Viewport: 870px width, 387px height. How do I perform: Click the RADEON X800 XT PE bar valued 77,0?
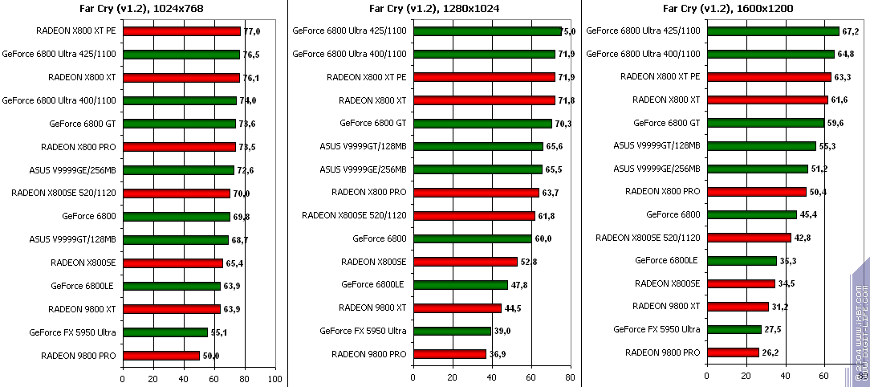pyautogui.click(x=181, y=31)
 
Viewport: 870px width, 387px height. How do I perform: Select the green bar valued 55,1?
pyautogui.click(x=165, y=332)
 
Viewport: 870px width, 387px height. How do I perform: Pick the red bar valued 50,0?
pyautogui.click(x=161, y=355)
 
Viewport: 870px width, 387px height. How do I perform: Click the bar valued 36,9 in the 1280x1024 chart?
pyautogui.click(x=449, y=354)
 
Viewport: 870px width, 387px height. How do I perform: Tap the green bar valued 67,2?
pyautogui.click(x=772, y=31)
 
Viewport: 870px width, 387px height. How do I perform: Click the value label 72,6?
pyautogui.click(x=246, y=170)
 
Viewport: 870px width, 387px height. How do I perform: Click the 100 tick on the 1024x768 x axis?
pyautogui.click(x=274, y=377)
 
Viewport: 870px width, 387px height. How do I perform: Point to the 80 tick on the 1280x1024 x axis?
pyautogui.click(x=570, y=377)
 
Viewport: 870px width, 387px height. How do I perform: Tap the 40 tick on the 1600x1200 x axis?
pyautogui.click(x=785, y=376)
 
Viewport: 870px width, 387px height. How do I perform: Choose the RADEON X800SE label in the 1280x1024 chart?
pyautogui.click(x=373, y=262)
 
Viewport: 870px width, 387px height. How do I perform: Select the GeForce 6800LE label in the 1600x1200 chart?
pyautogui.click(x=665, y=260)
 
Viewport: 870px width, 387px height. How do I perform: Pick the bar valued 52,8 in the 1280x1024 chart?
pyautogui.click(x=465, y=262)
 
